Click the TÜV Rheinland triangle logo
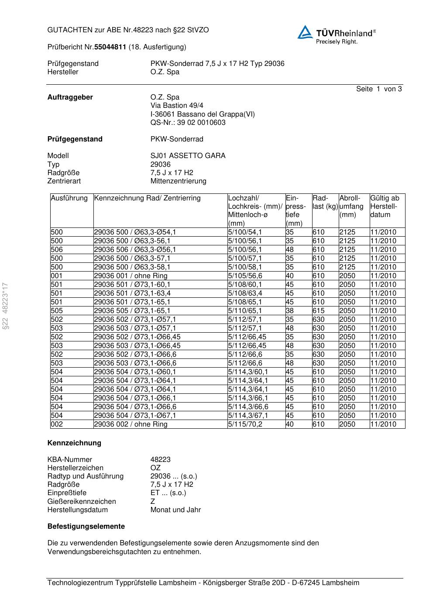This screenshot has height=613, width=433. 305,32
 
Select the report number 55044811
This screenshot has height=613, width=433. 110,47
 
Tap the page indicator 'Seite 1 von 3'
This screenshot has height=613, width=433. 378,89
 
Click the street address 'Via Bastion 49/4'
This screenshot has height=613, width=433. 177,106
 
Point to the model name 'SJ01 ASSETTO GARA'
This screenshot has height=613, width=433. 188,156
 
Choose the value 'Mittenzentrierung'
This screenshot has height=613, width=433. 178,181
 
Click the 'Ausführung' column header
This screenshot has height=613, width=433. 69,198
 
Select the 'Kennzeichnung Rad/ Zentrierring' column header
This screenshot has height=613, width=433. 147,198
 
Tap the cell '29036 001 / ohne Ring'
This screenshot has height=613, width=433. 131,276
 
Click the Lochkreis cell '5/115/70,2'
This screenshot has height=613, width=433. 245,424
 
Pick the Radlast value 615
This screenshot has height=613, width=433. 319,311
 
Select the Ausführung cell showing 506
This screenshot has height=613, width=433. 57,250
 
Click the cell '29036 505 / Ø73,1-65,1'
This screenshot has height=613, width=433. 132,311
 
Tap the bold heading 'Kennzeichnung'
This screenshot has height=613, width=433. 74,443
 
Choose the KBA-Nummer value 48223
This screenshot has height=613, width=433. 160,460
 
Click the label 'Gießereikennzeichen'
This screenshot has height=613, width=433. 82,502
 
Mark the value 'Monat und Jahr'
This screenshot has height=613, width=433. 175,510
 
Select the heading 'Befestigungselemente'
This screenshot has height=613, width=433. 86,527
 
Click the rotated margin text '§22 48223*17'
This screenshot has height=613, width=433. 6,306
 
